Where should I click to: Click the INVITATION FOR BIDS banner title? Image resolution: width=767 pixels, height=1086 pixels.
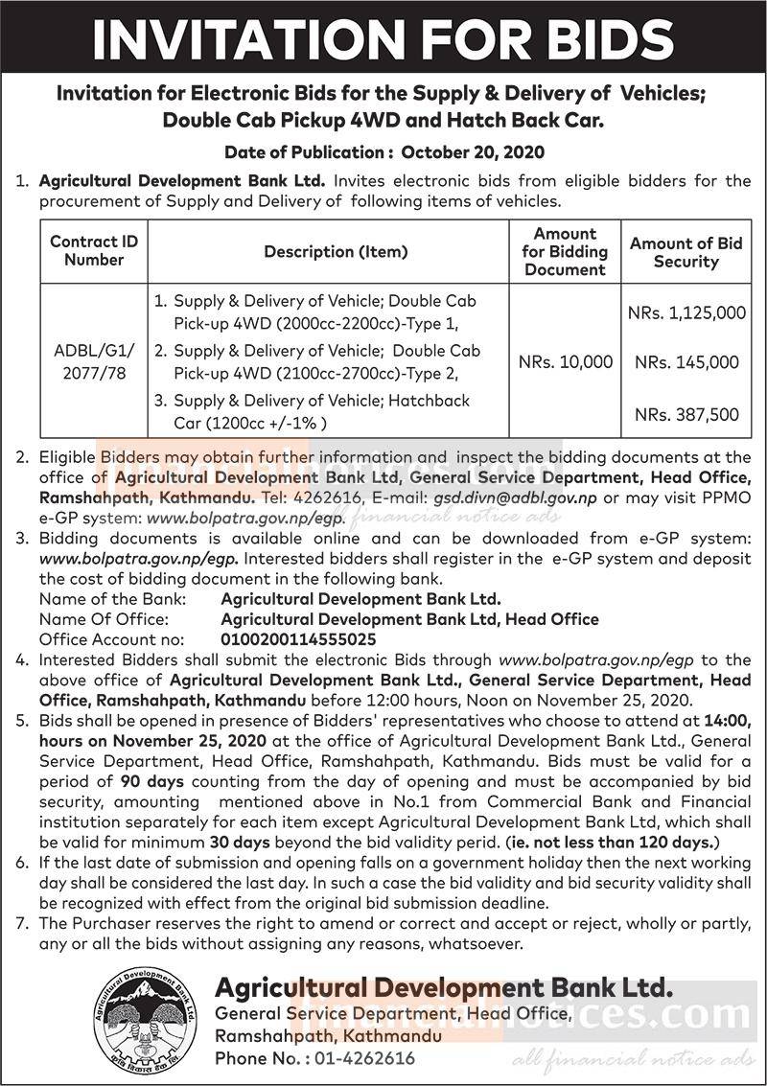tap(383, 38)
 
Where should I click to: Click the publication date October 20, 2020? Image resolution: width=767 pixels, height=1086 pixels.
tap(474, 151)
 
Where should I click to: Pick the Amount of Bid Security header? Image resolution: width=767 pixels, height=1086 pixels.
tap(686, 252)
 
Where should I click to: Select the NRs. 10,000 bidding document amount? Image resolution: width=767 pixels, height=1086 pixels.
tap(565, 362)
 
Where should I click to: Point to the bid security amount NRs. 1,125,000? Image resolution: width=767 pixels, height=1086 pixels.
tap(686, 312)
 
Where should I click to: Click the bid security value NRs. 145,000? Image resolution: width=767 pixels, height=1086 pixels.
tap(686, 362)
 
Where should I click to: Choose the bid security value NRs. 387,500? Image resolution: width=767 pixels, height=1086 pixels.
tap(686, 414)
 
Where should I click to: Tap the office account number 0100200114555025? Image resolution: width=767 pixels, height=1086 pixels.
tap(298, 639)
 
